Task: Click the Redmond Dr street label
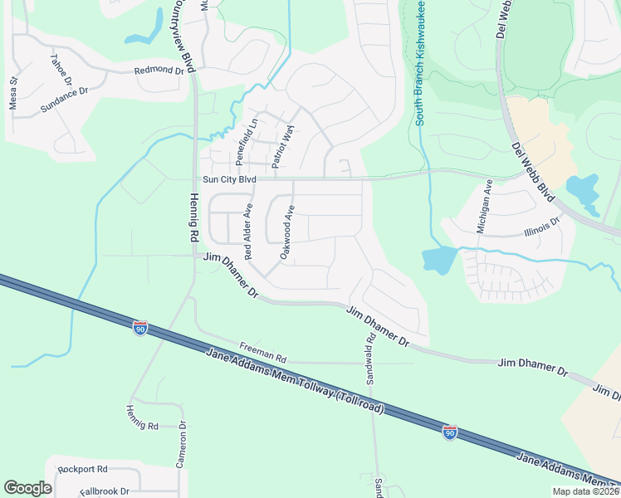click(x=159, y=71)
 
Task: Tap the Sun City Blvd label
click(x=228, y=179)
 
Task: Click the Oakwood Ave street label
click(x=287, y=232)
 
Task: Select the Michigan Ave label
click(x=486, y=204)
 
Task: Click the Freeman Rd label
click(x=262, y=353)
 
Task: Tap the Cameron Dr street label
click(x=181, y=447)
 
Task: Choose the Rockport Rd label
click(x=83, y=469)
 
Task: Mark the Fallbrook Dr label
click(x=105, y=491)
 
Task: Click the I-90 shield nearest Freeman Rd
click(x=140, y=329)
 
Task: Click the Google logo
click(x=27, y=488)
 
